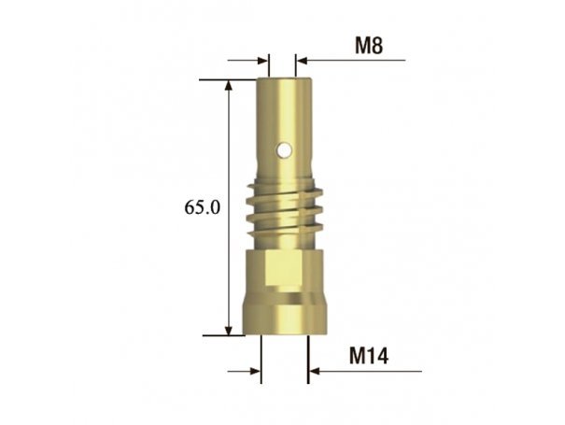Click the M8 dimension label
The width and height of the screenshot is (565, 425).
click(x=369, y=46)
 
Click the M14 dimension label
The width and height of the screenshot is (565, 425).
click(x=369, y=356)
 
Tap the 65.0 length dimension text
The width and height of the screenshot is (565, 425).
click(x=202, y=207)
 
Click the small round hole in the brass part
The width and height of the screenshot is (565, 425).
click(x=285, y=150)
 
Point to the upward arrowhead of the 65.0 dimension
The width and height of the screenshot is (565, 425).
click(x=229, y=85)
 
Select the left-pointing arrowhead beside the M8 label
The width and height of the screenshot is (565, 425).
click(x=302, y=60)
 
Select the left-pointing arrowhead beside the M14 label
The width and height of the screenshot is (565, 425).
click(x=314, y=371)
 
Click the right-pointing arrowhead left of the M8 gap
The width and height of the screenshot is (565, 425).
click(x=263, y=60)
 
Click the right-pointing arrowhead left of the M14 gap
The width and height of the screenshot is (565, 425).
click(x=256, y=371)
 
